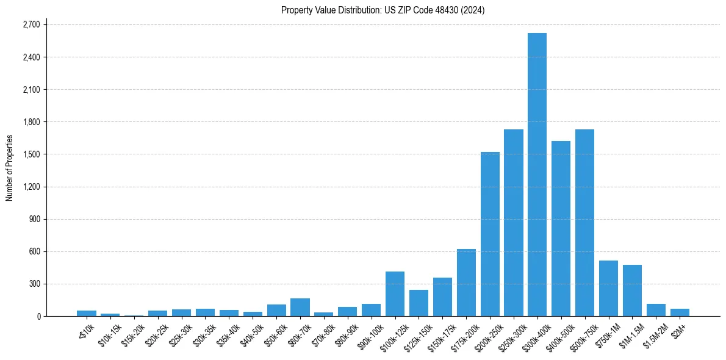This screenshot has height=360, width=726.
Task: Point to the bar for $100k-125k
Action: tap(395, 293)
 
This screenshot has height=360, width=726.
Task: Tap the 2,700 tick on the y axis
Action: tap(31, 25)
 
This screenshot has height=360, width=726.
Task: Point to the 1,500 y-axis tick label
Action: tap(31, 154)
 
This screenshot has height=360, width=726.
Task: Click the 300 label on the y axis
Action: tap(34, 284)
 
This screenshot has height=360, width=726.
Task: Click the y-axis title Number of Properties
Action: tap(9, 168)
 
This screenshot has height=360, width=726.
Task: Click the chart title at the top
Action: tap(383, 10)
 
